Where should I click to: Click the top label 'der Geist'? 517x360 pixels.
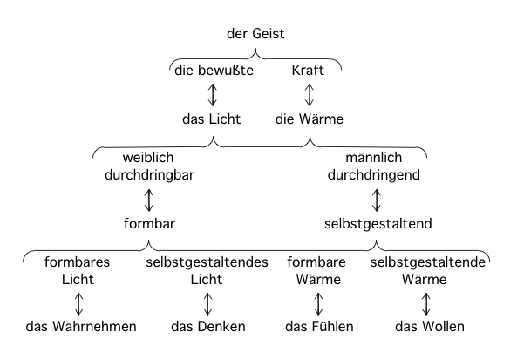[255, 34]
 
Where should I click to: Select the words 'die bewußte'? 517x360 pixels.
[214, 71]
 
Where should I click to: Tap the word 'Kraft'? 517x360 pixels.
[308, 71]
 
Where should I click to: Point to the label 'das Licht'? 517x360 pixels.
[211, 119]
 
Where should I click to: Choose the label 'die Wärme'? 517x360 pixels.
[310, 119]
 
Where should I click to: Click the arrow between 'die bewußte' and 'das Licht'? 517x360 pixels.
[213, 95]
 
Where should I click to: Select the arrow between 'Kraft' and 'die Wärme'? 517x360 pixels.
[310, 95]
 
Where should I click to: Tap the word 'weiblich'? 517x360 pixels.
[148, 157]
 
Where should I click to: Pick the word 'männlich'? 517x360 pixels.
[373, 157]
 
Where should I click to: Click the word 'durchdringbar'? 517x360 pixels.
[149, 174]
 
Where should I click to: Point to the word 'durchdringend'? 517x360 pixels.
[374, 174]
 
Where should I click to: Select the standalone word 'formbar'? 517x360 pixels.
[149, 223]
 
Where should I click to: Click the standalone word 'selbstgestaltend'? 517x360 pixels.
[378, 223]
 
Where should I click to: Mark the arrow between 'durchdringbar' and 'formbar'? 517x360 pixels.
[149, 200]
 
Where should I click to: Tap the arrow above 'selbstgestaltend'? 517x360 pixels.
[377, 200]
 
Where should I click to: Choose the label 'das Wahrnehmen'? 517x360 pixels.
[81, 327]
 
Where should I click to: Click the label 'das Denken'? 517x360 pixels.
[208, 327]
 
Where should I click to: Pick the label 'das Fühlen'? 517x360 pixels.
[319, 327]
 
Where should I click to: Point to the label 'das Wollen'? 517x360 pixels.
[430, 327]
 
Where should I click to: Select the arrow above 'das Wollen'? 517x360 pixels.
[426, 304]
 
